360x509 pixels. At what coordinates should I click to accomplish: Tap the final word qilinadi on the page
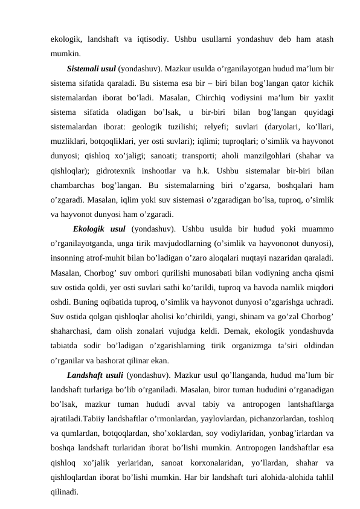pyautogui.click(x=63, y=499)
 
